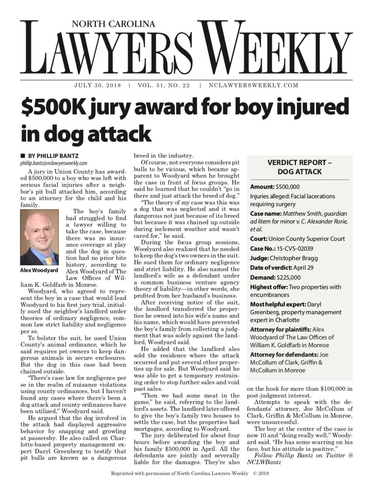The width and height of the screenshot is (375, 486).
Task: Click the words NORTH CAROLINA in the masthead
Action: tap(113, 24)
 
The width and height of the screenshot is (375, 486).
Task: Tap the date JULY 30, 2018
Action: tap(97, 85)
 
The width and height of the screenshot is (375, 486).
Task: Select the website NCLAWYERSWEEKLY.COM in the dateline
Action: tap(254, 85)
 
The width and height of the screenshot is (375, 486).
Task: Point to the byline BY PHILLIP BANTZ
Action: tap(53, 156)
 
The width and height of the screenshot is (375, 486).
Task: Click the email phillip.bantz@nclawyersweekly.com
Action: tap(54, 163)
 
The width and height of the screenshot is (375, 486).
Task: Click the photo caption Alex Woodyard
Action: tap(39, 271)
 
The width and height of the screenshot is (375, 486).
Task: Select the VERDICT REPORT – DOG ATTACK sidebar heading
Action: tap(299, 167)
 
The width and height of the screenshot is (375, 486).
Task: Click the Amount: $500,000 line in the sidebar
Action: tap(275, 187)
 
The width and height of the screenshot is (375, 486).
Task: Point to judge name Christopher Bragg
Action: tap(294, 258)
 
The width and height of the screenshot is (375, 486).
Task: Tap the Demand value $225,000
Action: tap(288, 277)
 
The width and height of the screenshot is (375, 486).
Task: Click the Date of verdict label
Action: tap(271, 267)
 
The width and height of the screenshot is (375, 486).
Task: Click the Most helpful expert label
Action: tap(278, 304)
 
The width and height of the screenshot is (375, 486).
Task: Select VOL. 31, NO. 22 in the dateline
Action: tap(164, 85)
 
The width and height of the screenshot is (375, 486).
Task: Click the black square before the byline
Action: tap(23, 156)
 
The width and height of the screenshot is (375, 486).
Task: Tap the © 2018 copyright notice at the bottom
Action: tap(261, 473)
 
